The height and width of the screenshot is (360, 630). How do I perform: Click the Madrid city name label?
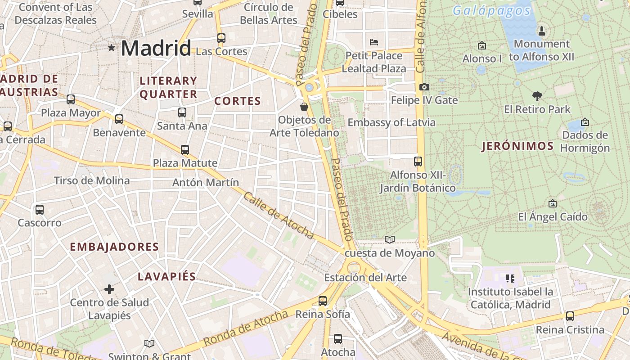pyautogui.click(x=156, y=48)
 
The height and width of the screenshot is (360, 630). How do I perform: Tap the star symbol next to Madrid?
pyautogui.click(x=111, y=47)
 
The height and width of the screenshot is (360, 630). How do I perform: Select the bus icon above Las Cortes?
pyautogui.click(x=221, y=38)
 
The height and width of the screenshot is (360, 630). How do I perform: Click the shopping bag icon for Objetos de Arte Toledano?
pyautogui.click(x=304, y=107)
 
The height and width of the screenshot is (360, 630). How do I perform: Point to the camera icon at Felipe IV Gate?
pyautogui.click(x=424, y=87)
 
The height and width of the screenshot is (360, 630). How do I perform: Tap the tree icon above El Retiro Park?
pyautogui.click(x=537, y=96)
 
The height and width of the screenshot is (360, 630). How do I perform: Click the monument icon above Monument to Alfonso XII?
pyautogui.click(x=542, y=31)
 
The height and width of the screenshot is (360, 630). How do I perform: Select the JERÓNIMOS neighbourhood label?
pyautogui.click(x=517, y=146)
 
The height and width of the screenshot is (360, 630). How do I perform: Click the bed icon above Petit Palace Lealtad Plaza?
pyautogui.click(x=373, y=43)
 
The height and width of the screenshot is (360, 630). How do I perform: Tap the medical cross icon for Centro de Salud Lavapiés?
pyautogui.click(x=109, y=289)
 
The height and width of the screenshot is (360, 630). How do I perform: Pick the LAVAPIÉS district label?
pyautogui.click(x=166, y=276)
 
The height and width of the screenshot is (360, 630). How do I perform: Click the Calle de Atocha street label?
pyautogui.click(x=279, y=216)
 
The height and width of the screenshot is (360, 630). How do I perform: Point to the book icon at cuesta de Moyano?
pyautogui.click(x=390, y=240)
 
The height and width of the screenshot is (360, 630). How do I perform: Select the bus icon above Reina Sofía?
pyautogui.click(x=323, y=301)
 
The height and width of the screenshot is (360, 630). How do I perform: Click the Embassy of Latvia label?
pyautogui.click(x=391, y=122)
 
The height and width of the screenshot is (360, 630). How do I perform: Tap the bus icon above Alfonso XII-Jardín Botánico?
pyautogui.click(x=418, y=161)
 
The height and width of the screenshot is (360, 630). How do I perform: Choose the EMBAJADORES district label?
pyautogui.click(x=114, y=247)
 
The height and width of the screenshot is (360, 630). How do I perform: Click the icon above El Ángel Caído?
pyautogui.click(x=553, y=203)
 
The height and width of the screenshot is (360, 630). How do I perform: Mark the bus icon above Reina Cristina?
pyautogui.click(x=570, y=316)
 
